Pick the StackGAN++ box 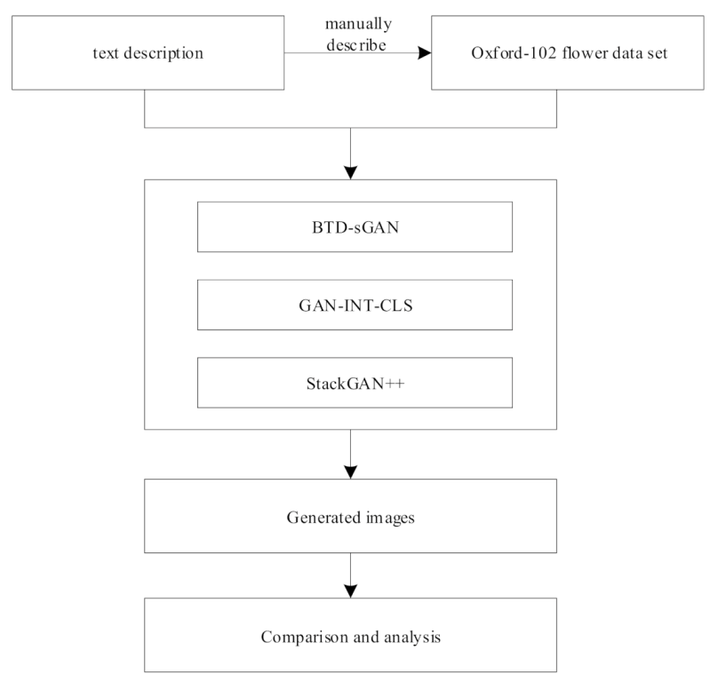pos(355,383)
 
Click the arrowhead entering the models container pos(353,171)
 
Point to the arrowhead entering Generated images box pos(353,471)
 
